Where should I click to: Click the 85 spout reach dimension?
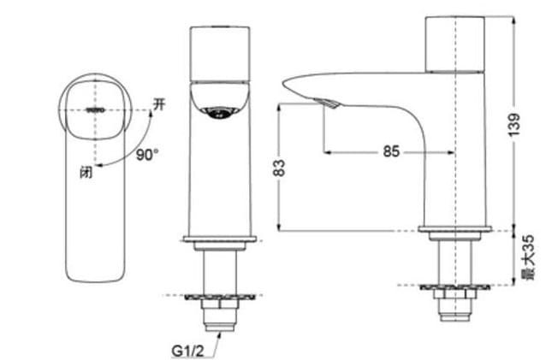(390, 151)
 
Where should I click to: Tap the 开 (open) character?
(157, 104)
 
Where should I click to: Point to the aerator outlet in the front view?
(221, 111)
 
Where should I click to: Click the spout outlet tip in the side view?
(329, 104)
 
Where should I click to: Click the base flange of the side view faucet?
(454, 230)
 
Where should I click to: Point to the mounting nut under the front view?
(222, 304)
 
